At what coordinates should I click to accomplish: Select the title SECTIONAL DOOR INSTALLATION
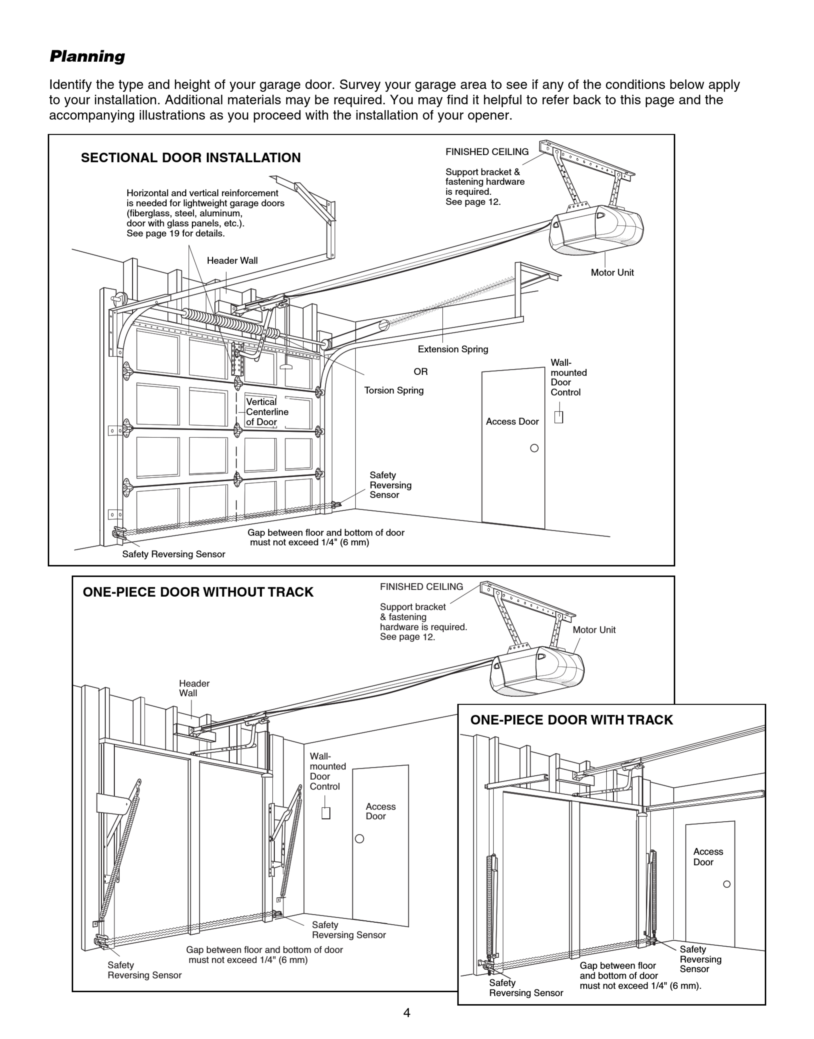[x=191, y=158]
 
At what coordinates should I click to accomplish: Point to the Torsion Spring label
[x=394, y=390]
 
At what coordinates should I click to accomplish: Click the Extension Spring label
[x=453, y=349]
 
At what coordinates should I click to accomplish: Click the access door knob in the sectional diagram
[x=534, y=448]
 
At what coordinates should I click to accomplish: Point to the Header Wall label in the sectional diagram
[x=232, y=261]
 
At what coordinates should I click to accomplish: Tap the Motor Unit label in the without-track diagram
[x=594, y=630]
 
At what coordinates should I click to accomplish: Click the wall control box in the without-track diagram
[x=326, y=813]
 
